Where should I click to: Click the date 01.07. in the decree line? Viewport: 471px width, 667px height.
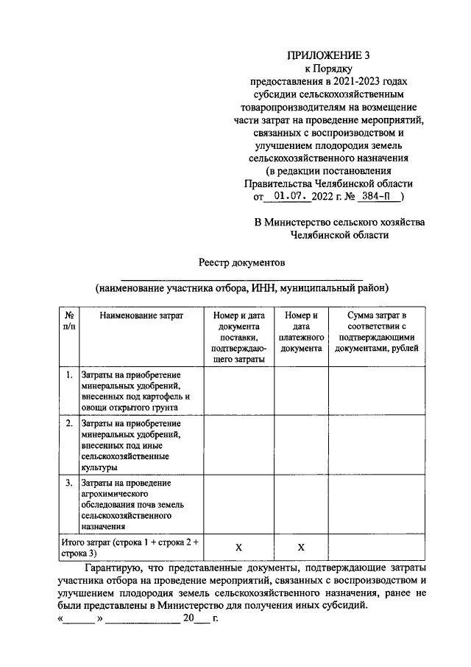(x=293, y=197)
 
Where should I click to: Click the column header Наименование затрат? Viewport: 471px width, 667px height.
(x=141, y=315)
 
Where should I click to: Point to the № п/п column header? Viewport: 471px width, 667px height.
(x=68, y=321)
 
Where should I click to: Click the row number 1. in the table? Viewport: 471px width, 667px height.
(x=68, y=375)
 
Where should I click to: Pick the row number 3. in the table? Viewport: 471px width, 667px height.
(x=68, y=483)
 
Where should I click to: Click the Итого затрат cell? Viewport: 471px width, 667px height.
(x=131, y=547)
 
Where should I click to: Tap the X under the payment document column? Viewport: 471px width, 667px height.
(x=301, y=548)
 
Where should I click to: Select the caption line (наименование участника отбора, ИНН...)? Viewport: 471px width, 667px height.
(x=241, y=287)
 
